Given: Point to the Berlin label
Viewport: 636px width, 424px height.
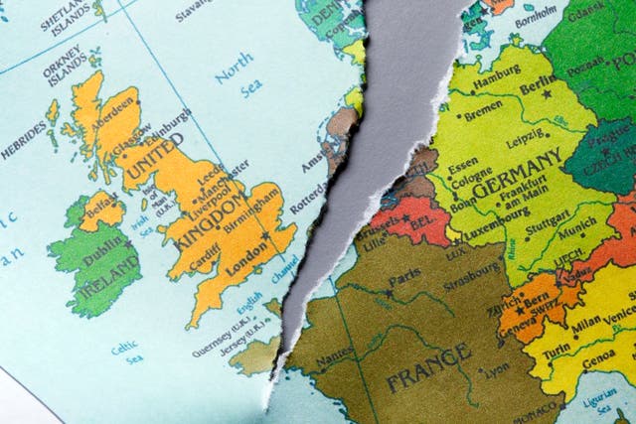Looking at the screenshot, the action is click(x=538, y=88).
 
